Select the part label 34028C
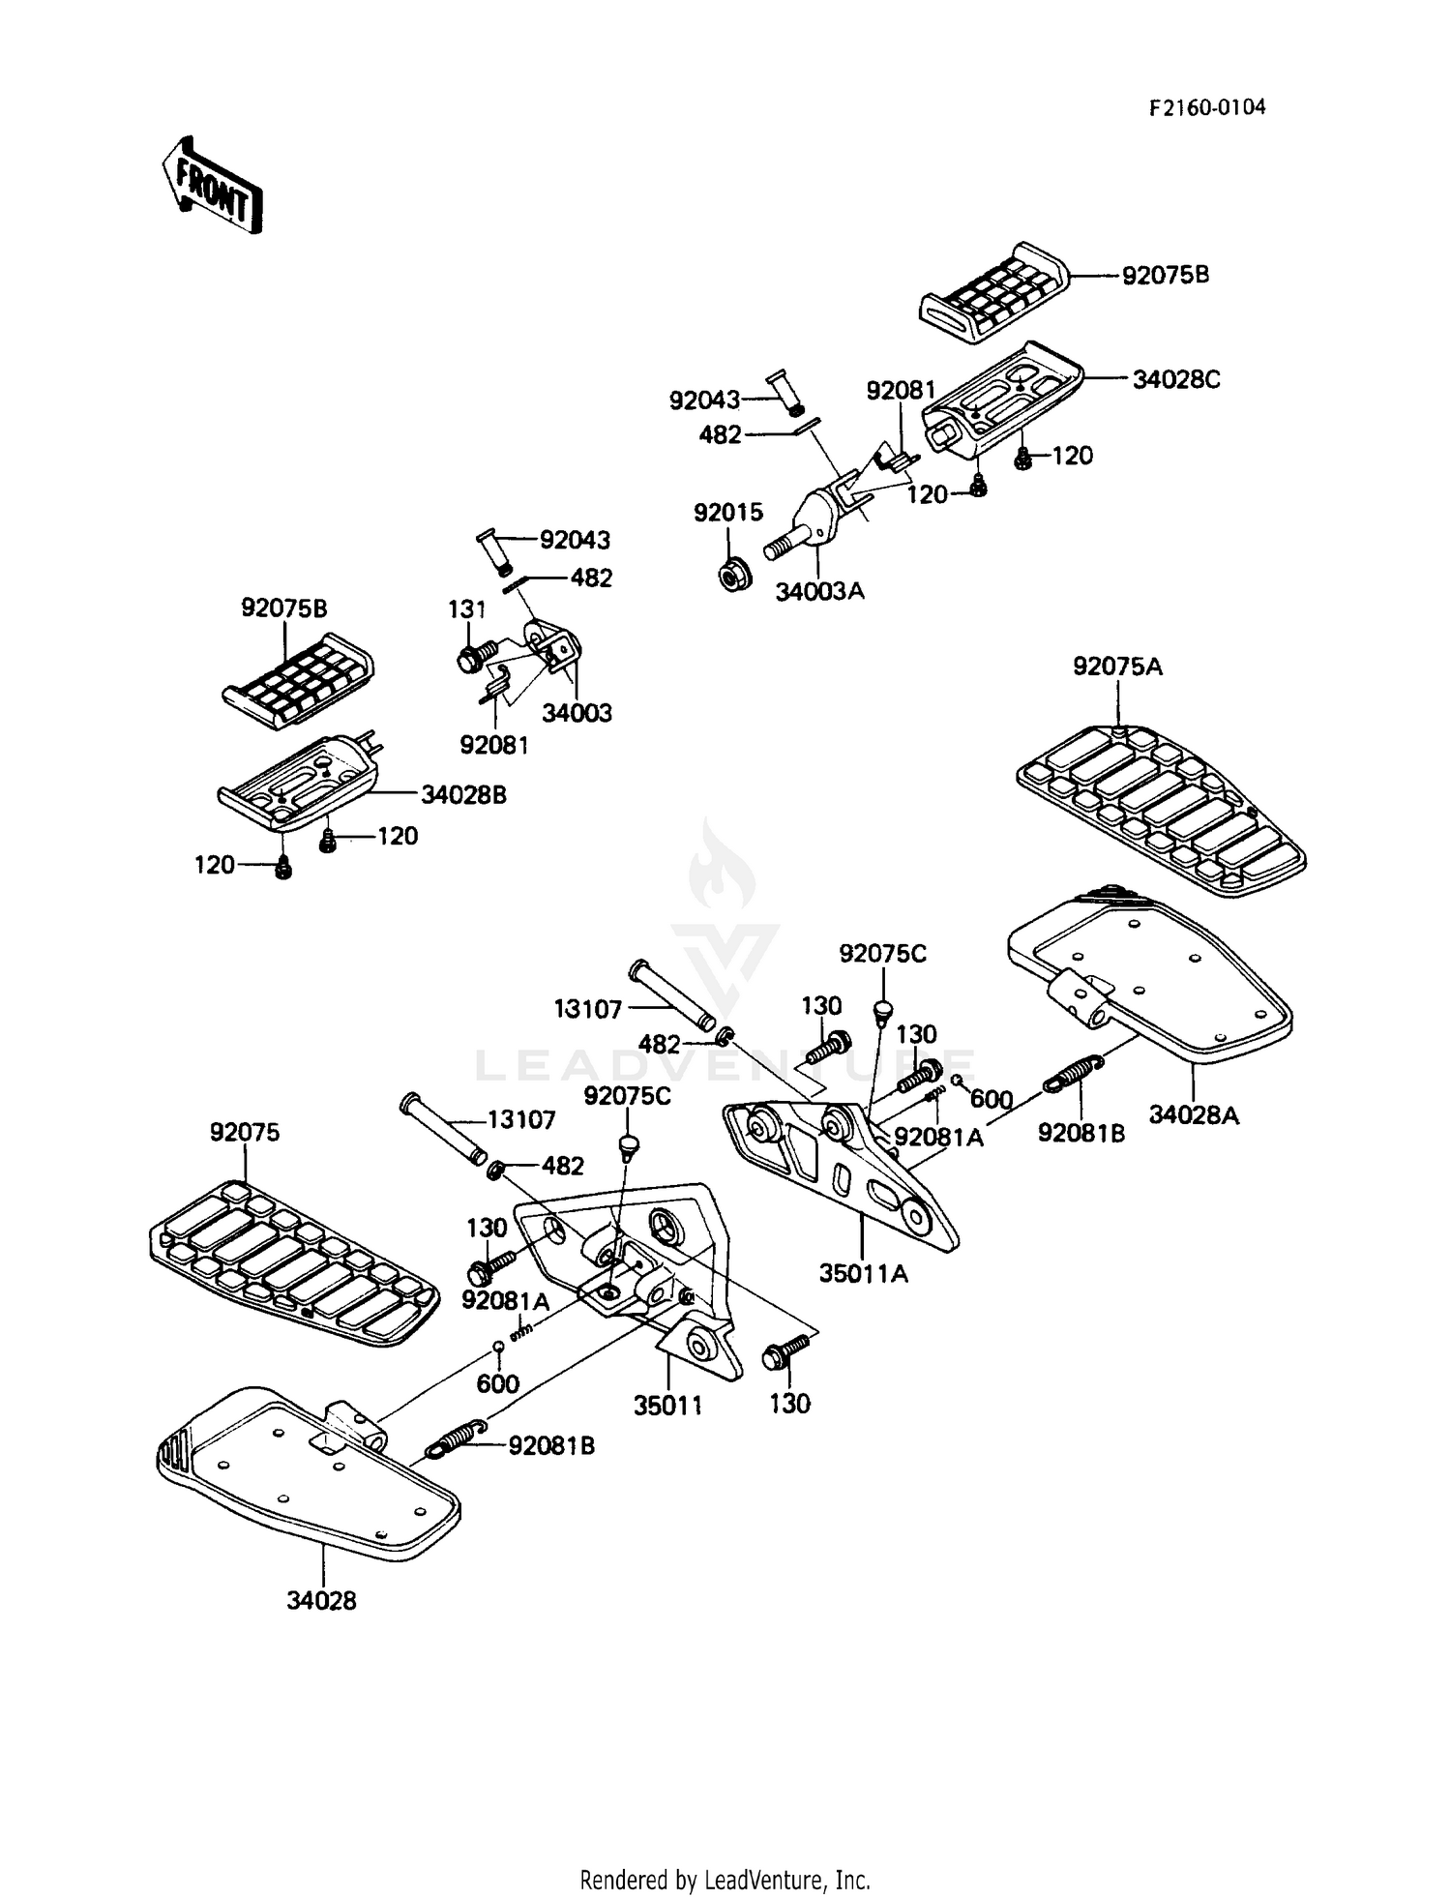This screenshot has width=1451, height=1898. pyautogui.click(x=1176, y=379)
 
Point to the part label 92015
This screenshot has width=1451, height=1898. pyautogui.click(x=727, y=512)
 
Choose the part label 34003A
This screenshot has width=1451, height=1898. pyautogui.click(x=819, y=591)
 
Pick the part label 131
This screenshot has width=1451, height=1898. pyautogui.click(x=466, y=609)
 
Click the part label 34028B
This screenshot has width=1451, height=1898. pyautogui.click(x=463, y=795)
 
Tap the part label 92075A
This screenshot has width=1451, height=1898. pyautogui.click(x=1117, y=667)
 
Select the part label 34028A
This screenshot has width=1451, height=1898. pyautogui.click(x=1194, y=1115)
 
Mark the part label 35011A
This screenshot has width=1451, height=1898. pyautogui.click(x=864, y=1274)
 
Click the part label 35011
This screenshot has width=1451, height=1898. pyautogui.click(x=667, y=1406)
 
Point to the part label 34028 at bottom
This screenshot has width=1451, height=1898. pyautogui.click(x=321, y=1601)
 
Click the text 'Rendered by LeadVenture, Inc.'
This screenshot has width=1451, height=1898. pyautogui.click(x=725, y=1880)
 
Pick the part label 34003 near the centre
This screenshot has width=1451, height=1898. pyautogui.click(x=577, y=713)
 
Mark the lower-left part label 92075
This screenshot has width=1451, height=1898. pyautogui.click(x=245, y=1132)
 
